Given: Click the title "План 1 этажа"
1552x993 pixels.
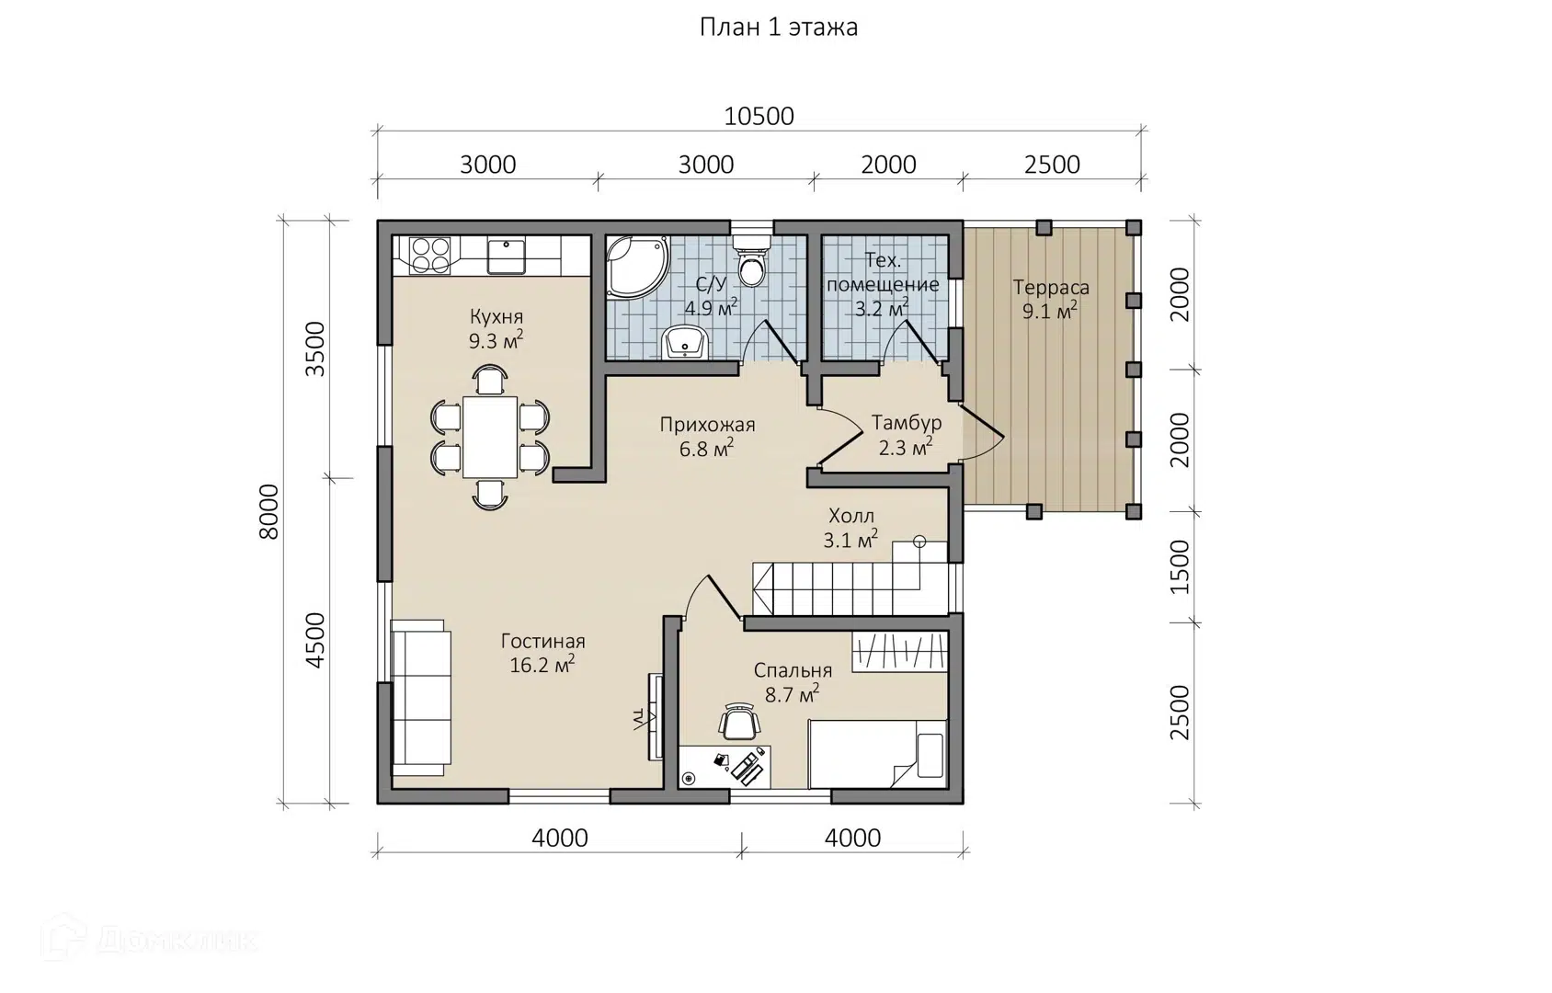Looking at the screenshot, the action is pos(779,28).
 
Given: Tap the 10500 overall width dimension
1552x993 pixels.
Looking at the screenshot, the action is pos(759,117).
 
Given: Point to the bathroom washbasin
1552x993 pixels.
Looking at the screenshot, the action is pos(685,342).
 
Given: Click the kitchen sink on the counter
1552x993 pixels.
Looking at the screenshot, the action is pos(507,256).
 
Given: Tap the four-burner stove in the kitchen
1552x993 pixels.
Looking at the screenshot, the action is pos(429,256).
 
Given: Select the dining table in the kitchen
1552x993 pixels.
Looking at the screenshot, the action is pos(490,437).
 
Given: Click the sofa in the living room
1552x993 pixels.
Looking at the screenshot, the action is pos(420,698).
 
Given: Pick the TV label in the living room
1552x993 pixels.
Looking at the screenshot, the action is pos(638,719).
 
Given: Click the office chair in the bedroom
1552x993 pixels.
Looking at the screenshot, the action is pos(739,721).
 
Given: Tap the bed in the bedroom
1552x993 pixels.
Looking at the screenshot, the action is pos(877,754).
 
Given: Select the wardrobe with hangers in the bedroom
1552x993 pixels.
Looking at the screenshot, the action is pos(899,651).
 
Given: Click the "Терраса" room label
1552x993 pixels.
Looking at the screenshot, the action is pos(1051,287).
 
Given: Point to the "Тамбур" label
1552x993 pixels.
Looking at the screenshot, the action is pos(907,423).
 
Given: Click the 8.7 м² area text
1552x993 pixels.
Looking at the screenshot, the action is pos(792,693).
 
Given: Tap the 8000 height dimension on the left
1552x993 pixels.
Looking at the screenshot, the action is pos(268,512).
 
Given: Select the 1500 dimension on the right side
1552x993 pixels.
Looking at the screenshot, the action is pos(1180,566).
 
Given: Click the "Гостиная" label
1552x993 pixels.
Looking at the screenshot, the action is pos(543,642).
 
